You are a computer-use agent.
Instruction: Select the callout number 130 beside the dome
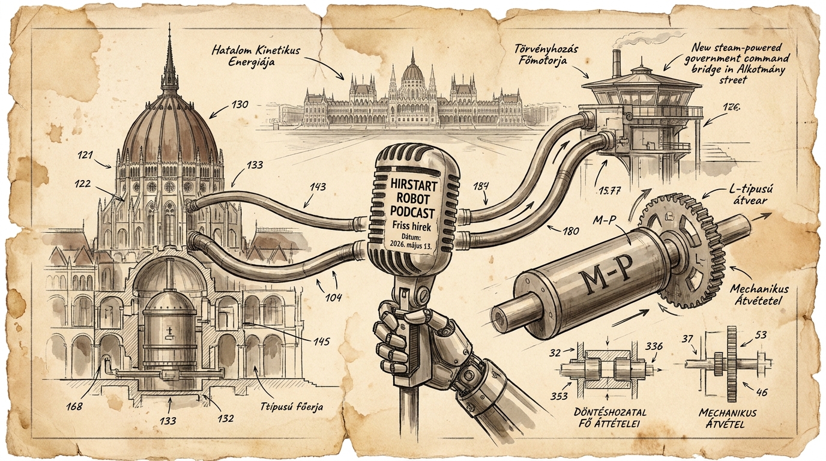(x=240, y=104)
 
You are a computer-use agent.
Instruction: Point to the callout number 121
(x=85, y=155)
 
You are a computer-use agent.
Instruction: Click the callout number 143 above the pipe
(x=318, y=187)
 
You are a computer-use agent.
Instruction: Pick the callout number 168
(x=74, y=406)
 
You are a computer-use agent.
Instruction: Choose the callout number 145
(x=321, y=341)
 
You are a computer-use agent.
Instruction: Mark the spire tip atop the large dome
(x=169, y=25)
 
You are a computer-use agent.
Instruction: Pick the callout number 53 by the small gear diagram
(x=758, y=335)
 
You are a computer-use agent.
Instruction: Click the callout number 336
(x=654, y=346)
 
